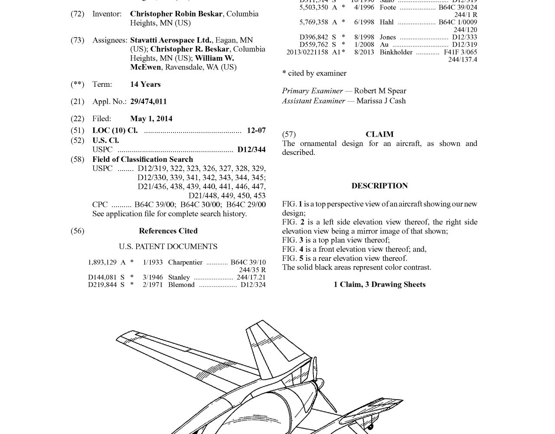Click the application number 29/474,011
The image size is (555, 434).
pyautogui.click(x=148, y=102)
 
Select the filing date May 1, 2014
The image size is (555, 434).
pyautogui.click(x=151, y=118)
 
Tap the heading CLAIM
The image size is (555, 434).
pyautogui.click(x=379, y=135)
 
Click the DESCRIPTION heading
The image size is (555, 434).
pyautogui.click(x=379, y=186)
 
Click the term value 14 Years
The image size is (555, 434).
pyautogui.click(x=145, y=84)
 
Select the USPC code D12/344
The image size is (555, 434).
pyautogui.click(x=251, y=150)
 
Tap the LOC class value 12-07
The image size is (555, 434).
pyautogui.click(x=256, y=130)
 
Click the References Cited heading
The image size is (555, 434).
pyautogui.click(x=168, y=231)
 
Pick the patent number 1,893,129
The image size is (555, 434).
pyautogui.click(x=102, y=262)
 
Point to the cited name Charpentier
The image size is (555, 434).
pyautogui.click(x=185, y=262)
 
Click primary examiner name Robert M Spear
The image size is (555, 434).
pyautogui.click(x=380, y=91)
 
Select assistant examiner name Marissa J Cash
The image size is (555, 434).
pyautogui.click(x=381, y=101)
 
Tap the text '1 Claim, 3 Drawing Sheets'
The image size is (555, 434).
pyautogui.click(x=379, y=285)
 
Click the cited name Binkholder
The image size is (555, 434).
pyautogui.click(x=396, y=52)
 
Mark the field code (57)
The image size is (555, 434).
pyautogui.click(x=289, y=135)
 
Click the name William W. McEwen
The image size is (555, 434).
pyautogui.click(x=182, y=62)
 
